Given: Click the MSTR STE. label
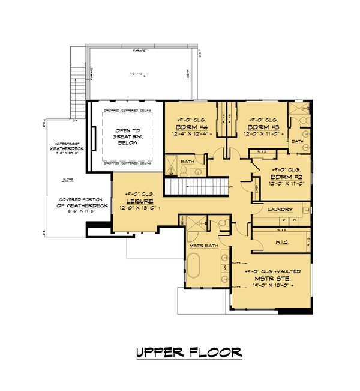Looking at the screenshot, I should (269, 280).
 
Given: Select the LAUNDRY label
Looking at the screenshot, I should (281, 209).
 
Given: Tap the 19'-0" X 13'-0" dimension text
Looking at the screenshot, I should (269, 287).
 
